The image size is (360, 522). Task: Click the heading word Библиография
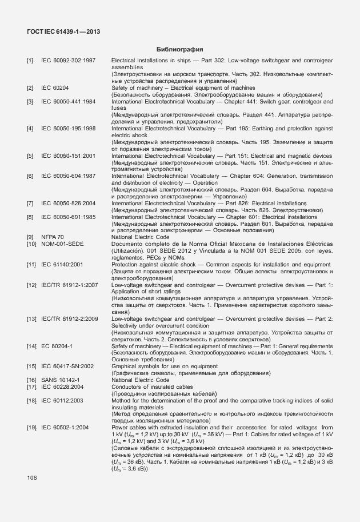click(181, 49)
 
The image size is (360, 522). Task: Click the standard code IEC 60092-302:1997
click(68, 60)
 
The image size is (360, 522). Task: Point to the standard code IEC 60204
click(55, 87)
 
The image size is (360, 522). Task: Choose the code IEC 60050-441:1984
click(68, 101)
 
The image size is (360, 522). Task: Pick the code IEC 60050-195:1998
click(68, 129)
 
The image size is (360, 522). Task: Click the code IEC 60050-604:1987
click(68, 176)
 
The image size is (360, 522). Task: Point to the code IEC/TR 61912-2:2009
click(70, 318)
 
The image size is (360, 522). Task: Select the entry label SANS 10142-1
click(60, 380)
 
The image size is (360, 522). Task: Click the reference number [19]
click(31, 427)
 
